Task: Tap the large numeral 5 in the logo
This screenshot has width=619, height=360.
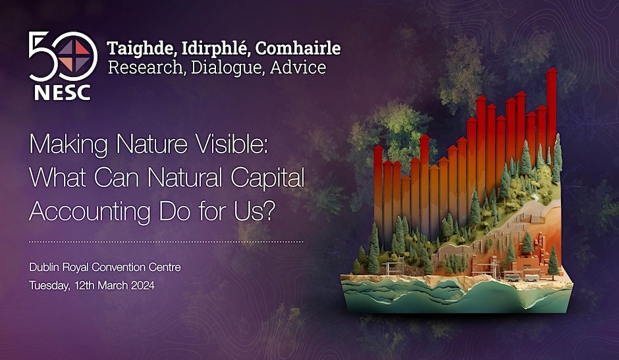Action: click(x=43, y=56)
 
